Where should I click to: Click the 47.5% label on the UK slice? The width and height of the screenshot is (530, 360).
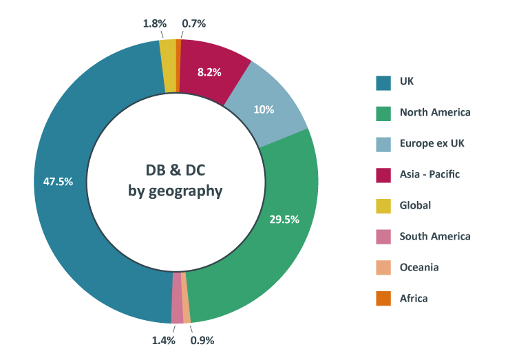[58, 182]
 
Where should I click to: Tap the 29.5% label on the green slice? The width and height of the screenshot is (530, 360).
[284, 220]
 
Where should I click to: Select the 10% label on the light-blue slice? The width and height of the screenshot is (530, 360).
[264, 109]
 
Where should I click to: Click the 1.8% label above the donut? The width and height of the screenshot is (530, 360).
[154, 23]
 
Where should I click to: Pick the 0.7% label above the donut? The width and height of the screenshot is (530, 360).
[194, 23]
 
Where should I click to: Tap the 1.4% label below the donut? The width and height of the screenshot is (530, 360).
[163, 340]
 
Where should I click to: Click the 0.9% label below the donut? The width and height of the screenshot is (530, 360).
[202, 340]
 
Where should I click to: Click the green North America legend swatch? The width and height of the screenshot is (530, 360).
[383, 113]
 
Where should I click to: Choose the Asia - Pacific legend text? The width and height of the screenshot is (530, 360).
[430, 174]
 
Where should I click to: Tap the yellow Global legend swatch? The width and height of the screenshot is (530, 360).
[383, 205]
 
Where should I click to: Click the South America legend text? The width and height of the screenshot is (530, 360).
[435, 236]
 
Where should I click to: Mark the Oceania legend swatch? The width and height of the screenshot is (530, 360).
[383, 267]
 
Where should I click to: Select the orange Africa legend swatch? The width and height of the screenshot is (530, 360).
[383, 298]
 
